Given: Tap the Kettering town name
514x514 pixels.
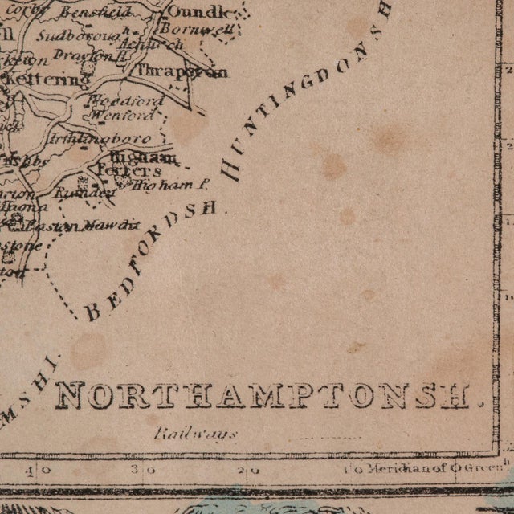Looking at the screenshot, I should pyautogui.click(x=57, y=80).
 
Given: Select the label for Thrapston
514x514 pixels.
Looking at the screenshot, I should pyautogui.click(x=182, y=71).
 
